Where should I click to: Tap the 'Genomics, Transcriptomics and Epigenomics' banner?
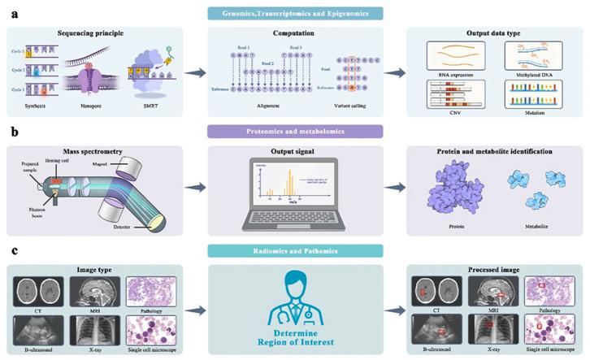[x=296, y=13]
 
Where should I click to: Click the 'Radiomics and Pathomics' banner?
[x=296, y=251]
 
